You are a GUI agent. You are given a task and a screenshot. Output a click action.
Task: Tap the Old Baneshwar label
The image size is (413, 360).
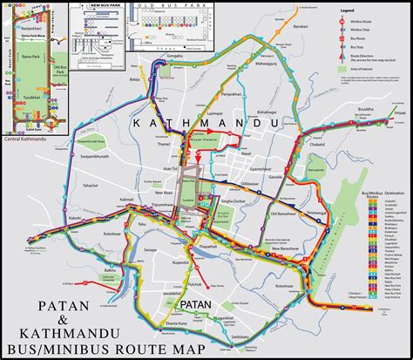(x=285, y=214)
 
